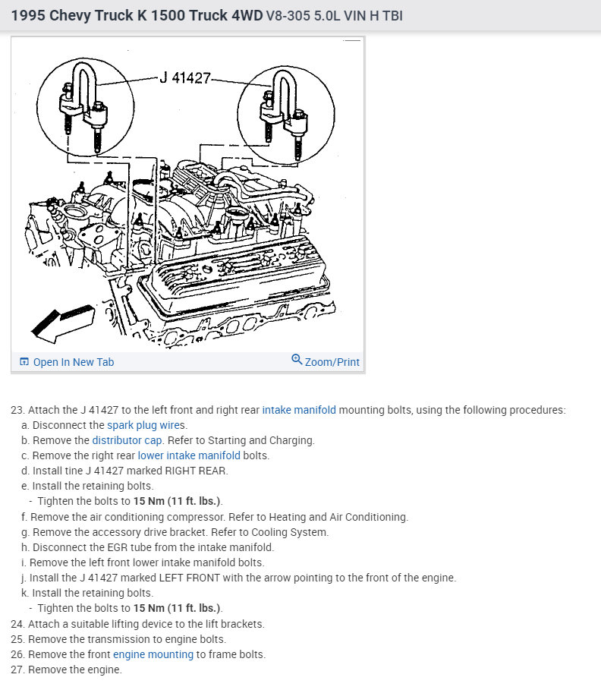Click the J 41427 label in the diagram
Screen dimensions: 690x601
coord(185,77)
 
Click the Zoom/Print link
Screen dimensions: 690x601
coord(326,361)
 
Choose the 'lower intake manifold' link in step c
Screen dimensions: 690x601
coord(189,455)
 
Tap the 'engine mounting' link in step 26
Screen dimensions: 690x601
coord(153,654)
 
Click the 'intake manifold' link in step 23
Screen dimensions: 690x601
coord(299,410)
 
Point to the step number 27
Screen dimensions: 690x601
coord(17,670)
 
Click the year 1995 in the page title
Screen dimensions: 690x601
coord(28,14)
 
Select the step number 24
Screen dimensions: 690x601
coord(17,624)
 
